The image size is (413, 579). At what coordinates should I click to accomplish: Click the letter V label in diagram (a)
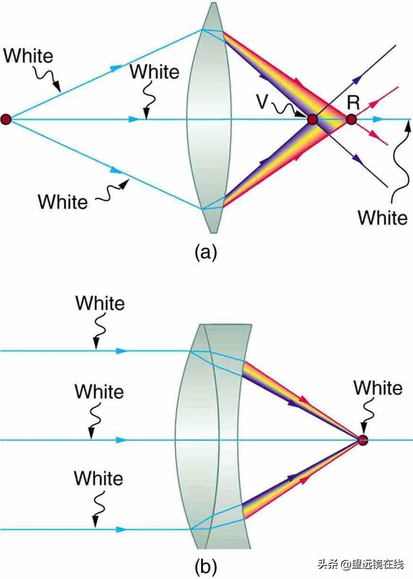263,101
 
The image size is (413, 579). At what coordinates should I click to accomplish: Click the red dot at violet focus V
312,120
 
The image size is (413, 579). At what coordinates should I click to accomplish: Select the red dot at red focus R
351,120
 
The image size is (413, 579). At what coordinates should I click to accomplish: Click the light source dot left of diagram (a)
6,120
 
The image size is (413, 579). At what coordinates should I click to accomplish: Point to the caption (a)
206,252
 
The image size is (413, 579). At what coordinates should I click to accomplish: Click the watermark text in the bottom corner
361,564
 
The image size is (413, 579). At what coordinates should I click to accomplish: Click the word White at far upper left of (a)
28,56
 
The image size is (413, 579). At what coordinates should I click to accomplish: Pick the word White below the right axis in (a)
383,217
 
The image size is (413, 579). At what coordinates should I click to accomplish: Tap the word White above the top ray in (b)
100,303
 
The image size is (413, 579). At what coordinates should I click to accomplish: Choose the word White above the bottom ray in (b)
99,478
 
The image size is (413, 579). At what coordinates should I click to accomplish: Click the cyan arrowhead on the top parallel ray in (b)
121,351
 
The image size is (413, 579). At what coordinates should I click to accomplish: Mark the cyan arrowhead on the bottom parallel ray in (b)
121,529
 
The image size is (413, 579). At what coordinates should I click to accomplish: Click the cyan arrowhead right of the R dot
378,120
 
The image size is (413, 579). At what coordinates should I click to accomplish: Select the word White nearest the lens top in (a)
154,71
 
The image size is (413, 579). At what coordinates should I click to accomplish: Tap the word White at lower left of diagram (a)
63,202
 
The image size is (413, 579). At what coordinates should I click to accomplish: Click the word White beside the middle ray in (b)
100,391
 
